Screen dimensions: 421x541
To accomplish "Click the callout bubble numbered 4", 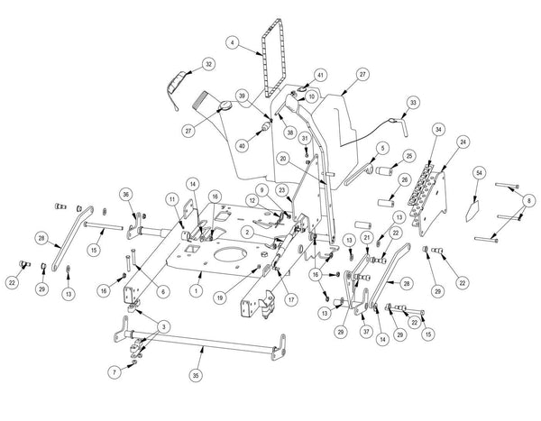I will (232, 43).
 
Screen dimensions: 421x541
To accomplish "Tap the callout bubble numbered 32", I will (209, 64).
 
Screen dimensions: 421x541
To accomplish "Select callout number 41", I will (294, 75).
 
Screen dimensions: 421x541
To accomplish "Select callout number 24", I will (463, 142).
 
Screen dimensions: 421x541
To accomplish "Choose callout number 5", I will (382, 147).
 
